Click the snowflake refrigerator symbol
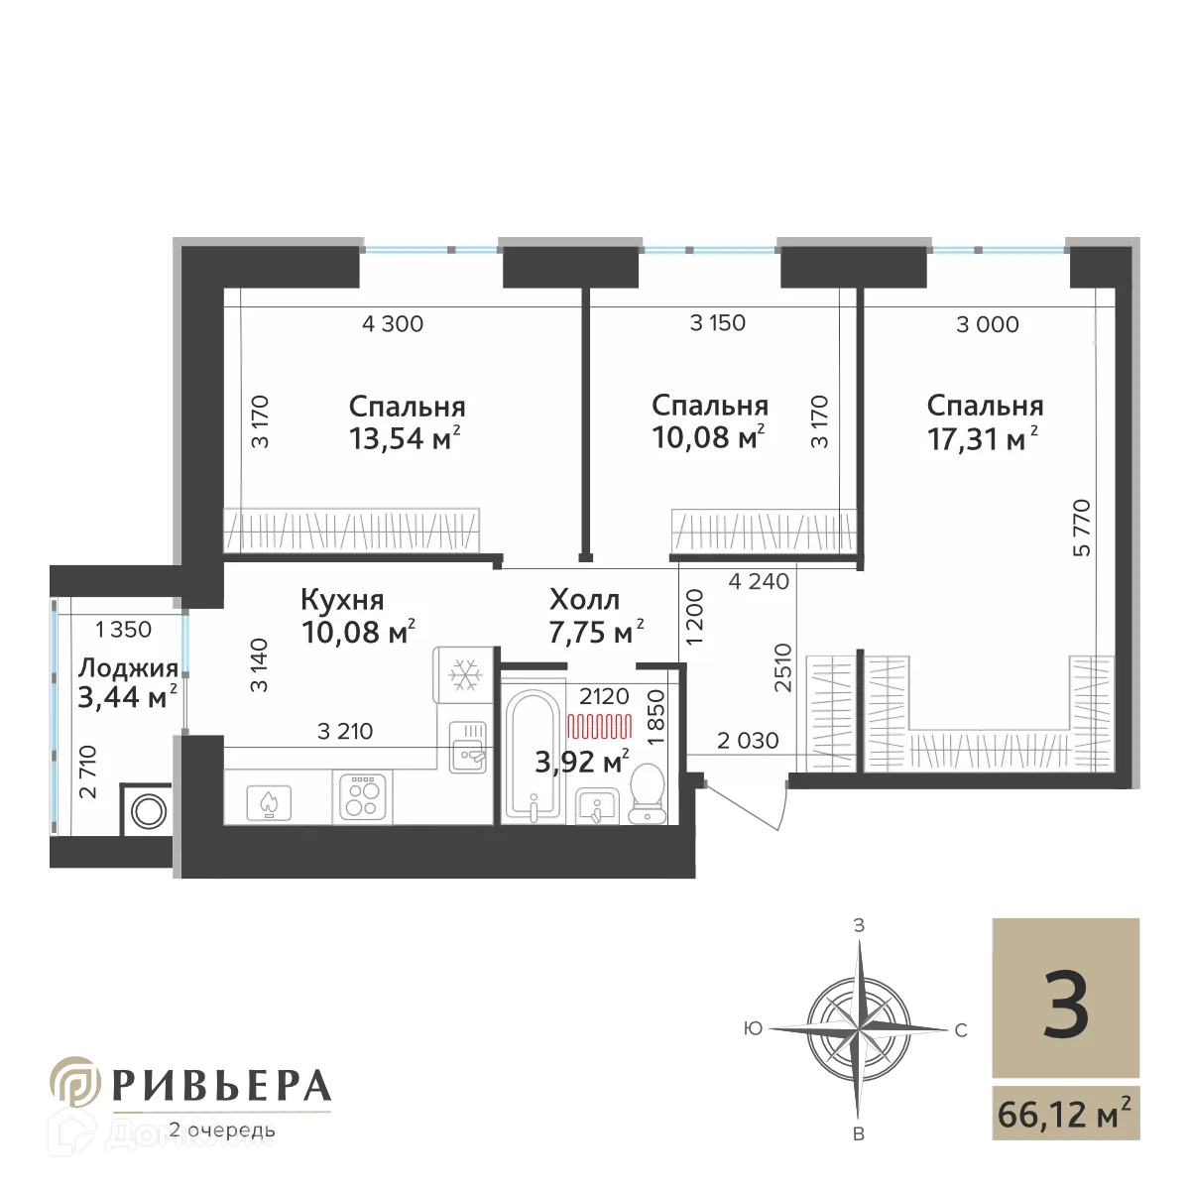[464, 674]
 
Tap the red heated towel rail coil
[599, 726]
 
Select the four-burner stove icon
[362, 796]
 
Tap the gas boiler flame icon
[269, 802]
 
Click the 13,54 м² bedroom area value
[405, 438]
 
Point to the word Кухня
[342, 600]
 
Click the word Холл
[584, 599]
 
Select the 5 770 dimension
[1082, 528]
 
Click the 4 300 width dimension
[392, 323]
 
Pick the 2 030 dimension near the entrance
[748, 740]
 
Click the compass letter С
[961, 1030]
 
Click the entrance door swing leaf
[743, 806]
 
